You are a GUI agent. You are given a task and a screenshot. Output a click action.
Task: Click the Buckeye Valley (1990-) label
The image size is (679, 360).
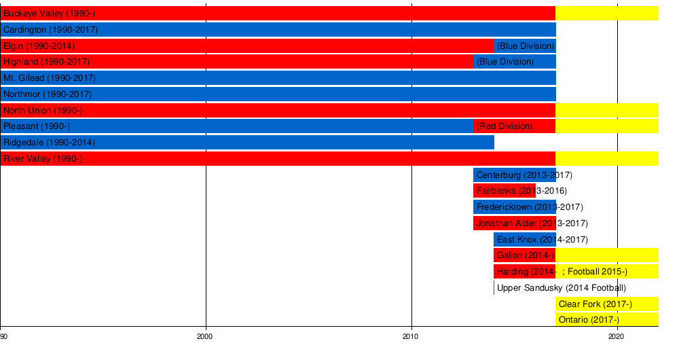pyautogui.click(x=48, y=14)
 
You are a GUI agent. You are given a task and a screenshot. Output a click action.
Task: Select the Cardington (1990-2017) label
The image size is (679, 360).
pyautogui.click(x=50, y=30)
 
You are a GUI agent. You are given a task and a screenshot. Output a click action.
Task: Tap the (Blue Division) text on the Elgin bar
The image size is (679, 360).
pyautogui.click(x=526, y=46)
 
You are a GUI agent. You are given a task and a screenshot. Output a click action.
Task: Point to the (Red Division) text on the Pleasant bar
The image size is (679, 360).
pyautogui.click(x=504, y=126)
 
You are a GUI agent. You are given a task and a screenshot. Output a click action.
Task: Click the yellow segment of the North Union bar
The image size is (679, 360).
pyautogui.click(x=606, y=110)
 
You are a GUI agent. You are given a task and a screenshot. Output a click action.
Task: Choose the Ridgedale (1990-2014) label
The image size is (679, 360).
pyautogui.click(x=49, y=143)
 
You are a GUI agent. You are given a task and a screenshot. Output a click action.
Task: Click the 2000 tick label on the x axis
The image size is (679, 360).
pyautogui.click(x=205, y=336)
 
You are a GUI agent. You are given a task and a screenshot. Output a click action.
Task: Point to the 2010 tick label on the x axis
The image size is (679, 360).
pyautogui.click(x=411, y=336)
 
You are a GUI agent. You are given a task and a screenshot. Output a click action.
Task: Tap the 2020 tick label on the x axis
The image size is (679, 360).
pyautogui.click(x=617, y=336)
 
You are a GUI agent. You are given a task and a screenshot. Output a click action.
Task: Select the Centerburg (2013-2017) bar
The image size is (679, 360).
pyautogui.click(x=514, y=175)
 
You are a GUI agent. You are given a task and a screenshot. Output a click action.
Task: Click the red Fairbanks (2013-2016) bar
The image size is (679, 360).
pyautogui.click(x=504, y=191)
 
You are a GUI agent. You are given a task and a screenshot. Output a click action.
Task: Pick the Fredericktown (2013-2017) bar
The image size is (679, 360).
pyautogui.click(x=514, y=207)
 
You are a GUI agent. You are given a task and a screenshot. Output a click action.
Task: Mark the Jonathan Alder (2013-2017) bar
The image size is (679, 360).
pyautogui.click(x=514, y=223)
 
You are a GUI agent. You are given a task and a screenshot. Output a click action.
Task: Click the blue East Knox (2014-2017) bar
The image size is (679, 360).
pyautogui.click(x=524, y=240)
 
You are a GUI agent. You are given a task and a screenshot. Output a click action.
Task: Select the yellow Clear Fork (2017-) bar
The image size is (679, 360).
pyautogui.click(x=606, y=304)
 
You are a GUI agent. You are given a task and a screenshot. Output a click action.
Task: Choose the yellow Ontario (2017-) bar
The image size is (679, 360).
pyautogui.click(x=606, y=320)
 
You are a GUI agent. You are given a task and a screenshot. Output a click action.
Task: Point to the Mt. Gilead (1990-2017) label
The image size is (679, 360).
pyautogui.click(x=50, y=78)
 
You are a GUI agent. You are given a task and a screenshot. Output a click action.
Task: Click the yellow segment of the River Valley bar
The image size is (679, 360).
pyautogui.click(x=606, y=159)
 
